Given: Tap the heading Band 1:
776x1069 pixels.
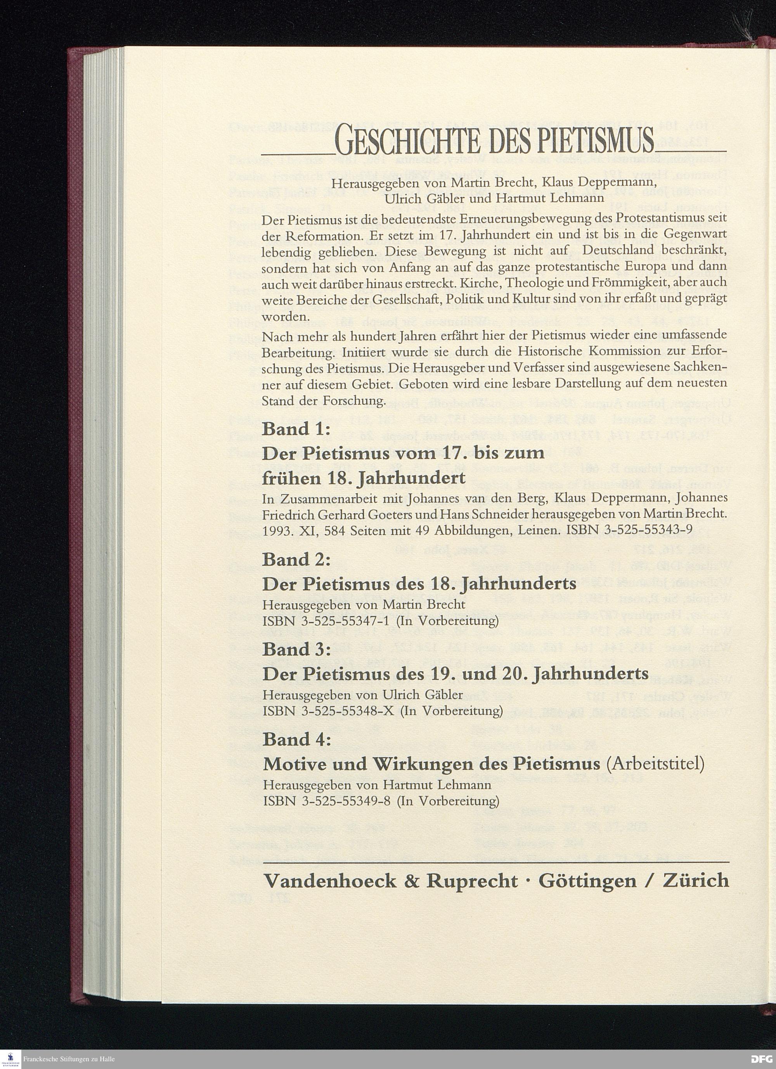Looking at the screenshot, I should (297, 429).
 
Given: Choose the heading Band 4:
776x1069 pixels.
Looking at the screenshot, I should (297, 739).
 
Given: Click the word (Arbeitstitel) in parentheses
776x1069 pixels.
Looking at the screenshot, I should (655, 764).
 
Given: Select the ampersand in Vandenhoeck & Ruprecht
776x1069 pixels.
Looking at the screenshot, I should (412, 881).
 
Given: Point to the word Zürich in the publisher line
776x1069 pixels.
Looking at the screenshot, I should (696, 881).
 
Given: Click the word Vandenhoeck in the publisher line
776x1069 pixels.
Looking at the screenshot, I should (330, 881).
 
